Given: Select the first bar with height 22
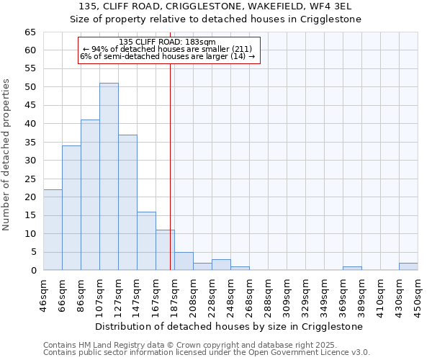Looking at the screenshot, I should [x=53, y=230].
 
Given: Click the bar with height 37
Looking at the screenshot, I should [x=127, y=202].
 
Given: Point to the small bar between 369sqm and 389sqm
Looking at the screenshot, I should [x=352, y=269].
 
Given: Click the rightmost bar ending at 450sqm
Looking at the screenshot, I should [x=408, y=266].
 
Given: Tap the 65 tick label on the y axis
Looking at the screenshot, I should [x=30, y=32].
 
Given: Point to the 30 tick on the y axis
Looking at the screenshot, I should [x=30, y=161].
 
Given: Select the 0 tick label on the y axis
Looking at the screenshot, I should [x=32, y=271].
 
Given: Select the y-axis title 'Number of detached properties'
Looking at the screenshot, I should [x=7, y=156].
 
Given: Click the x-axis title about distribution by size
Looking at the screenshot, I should [x=229, y=326].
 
